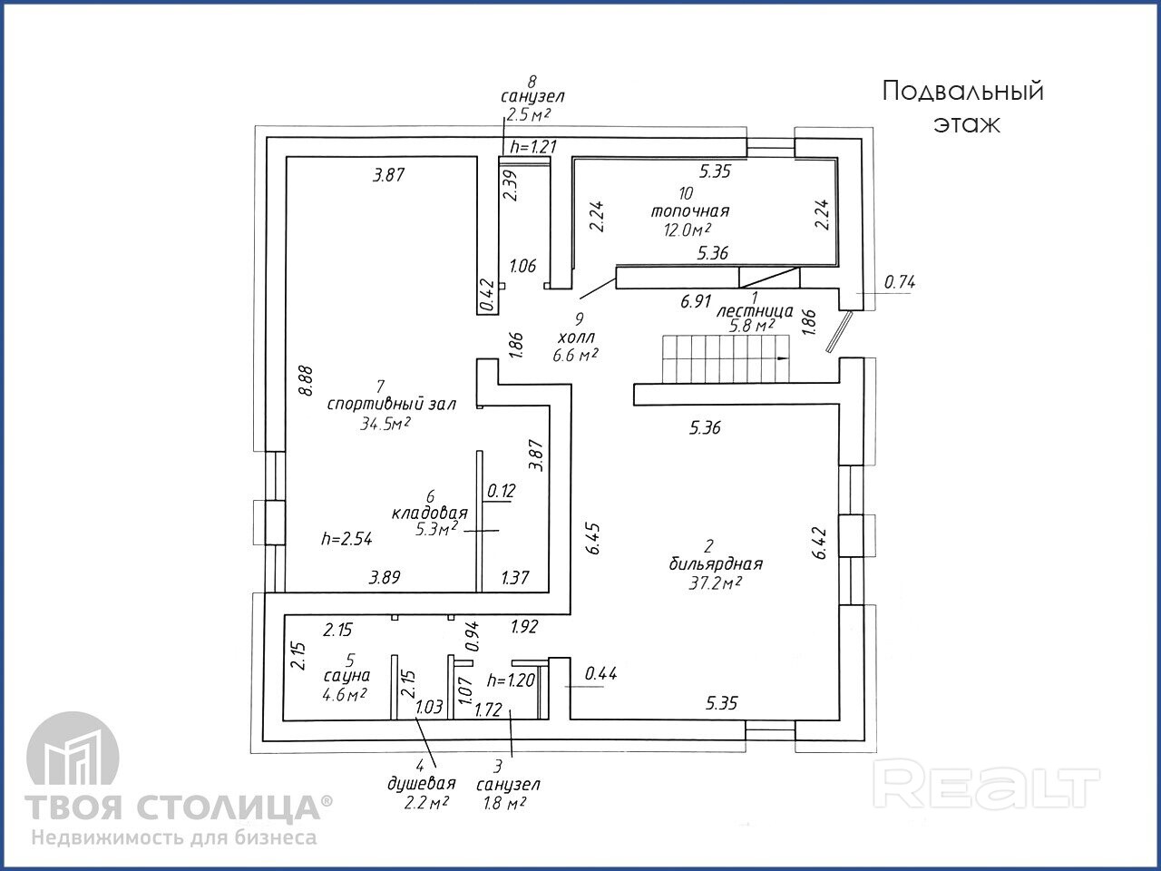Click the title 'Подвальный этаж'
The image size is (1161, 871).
[963, 107]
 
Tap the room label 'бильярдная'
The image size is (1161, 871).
[711, 563]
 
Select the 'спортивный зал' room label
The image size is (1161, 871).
[391, 405]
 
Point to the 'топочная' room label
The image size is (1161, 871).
[689, 210]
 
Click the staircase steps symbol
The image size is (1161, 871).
[727, 359]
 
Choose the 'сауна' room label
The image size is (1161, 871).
[346, 675]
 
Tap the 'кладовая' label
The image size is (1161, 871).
[429, 513]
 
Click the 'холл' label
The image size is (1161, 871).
[577, 337]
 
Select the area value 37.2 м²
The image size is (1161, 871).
[715, 582]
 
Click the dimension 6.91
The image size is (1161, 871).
[696, 302]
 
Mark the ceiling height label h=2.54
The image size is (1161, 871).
[346, 538]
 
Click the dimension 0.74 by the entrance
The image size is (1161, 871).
[900, 282]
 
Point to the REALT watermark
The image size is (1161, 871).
[990, 785]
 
